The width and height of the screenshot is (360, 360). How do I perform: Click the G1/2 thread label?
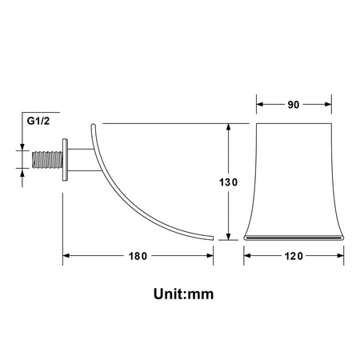(38, 121)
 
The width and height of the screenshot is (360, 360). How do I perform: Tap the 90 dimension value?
(294, 105)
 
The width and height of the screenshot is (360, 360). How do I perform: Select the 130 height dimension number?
(228, 182)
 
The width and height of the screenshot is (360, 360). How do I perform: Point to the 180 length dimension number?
(138, 256)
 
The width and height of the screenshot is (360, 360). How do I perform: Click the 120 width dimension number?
(294, 256)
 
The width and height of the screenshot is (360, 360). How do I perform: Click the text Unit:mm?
(183, 294)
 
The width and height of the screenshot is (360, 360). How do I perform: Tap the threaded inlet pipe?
(47, 160)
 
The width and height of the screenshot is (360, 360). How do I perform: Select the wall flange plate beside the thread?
(65, 160)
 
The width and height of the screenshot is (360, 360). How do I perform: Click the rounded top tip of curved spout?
(93, 126)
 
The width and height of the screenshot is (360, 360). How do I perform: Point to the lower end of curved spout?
(212, 238)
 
